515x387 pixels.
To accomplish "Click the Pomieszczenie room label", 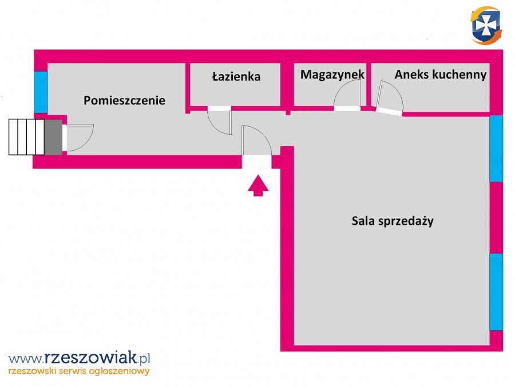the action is [x=124, y=100].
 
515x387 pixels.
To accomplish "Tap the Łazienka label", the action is [x=236, y=76].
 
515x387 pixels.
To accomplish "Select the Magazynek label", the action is [x=332, y=75].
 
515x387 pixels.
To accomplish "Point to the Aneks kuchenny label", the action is [x=441, y=75].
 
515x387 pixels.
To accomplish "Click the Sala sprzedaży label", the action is [x=393, y=221].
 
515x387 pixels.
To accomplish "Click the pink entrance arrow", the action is [x=258, y=185].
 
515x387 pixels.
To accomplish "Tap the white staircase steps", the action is [x=26, y=137].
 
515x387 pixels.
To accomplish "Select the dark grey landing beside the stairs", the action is [x=53, y=137].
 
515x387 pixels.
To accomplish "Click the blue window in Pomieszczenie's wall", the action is [x=41, y=92].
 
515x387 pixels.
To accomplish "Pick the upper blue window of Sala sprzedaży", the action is [x=496, y=148].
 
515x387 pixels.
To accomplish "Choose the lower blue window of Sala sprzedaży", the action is [x=496, y=292].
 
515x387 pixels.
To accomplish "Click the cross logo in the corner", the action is [x=486, y=25].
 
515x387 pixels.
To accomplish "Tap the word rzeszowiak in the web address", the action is [x=90, y=358].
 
